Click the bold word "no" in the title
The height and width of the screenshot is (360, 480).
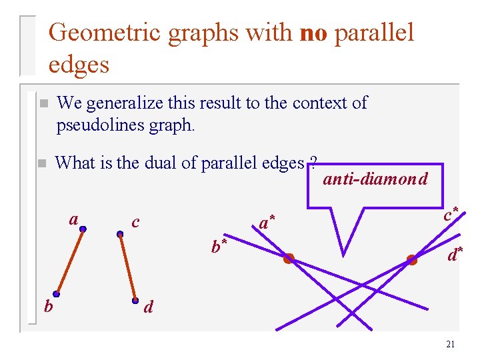(314, 32)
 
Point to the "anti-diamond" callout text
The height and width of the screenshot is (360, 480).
(375, 179)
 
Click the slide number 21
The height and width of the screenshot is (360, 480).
(450, 344)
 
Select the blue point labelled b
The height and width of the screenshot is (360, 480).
(57, 294)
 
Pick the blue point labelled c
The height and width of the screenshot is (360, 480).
(120, 234)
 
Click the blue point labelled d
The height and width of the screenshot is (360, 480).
(135, 300)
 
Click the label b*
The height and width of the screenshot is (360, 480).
(219, 247)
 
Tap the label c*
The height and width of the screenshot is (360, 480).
(451, 215)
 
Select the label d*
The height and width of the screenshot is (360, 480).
(456, 254)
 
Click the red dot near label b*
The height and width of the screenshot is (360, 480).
(289, 259)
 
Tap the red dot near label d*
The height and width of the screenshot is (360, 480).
(412, 260)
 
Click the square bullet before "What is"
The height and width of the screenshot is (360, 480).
(41, 163)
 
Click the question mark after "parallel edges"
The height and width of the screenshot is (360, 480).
(313, 163)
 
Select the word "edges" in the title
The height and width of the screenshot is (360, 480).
(79, 65)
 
